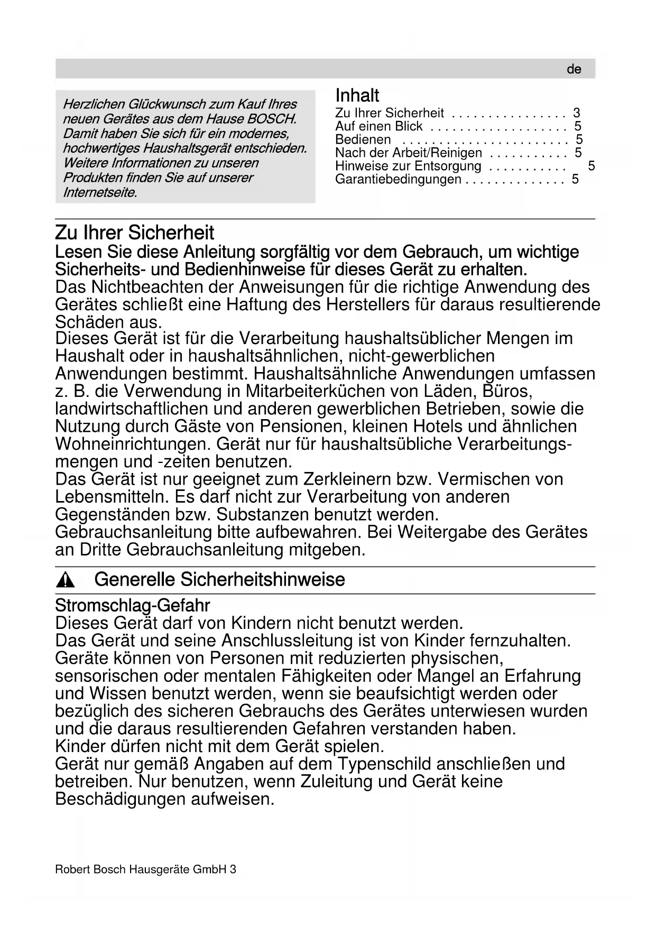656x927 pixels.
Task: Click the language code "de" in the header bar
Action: coord(574,69)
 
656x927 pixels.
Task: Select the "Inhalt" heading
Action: coord(357,96)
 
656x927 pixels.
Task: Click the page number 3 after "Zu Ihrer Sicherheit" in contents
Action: coord(576,113)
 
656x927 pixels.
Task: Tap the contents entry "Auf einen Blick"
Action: coord(378,126)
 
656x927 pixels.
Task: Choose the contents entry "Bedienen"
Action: coord(363,140)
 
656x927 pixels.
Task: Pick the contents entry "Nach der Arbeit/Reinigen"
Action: coord(409,153)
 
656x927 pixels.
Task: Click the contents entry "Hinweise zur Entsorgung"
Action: coord(408,166)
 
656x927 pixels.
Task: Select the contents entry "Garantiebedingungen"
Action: coord(398,179)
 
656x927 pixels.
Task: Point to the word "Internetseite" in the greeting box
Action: coord(99,192)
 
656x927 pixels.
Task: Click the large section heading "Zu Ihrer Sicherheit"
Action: coord(135,233)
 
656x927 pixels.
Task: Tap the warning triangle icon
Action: coord(66,581)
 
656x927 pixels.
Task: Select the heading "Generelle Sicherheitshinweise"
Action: coord(219,580)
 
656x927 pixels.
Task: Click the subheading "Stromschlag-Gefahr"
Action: coord(133,605)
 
